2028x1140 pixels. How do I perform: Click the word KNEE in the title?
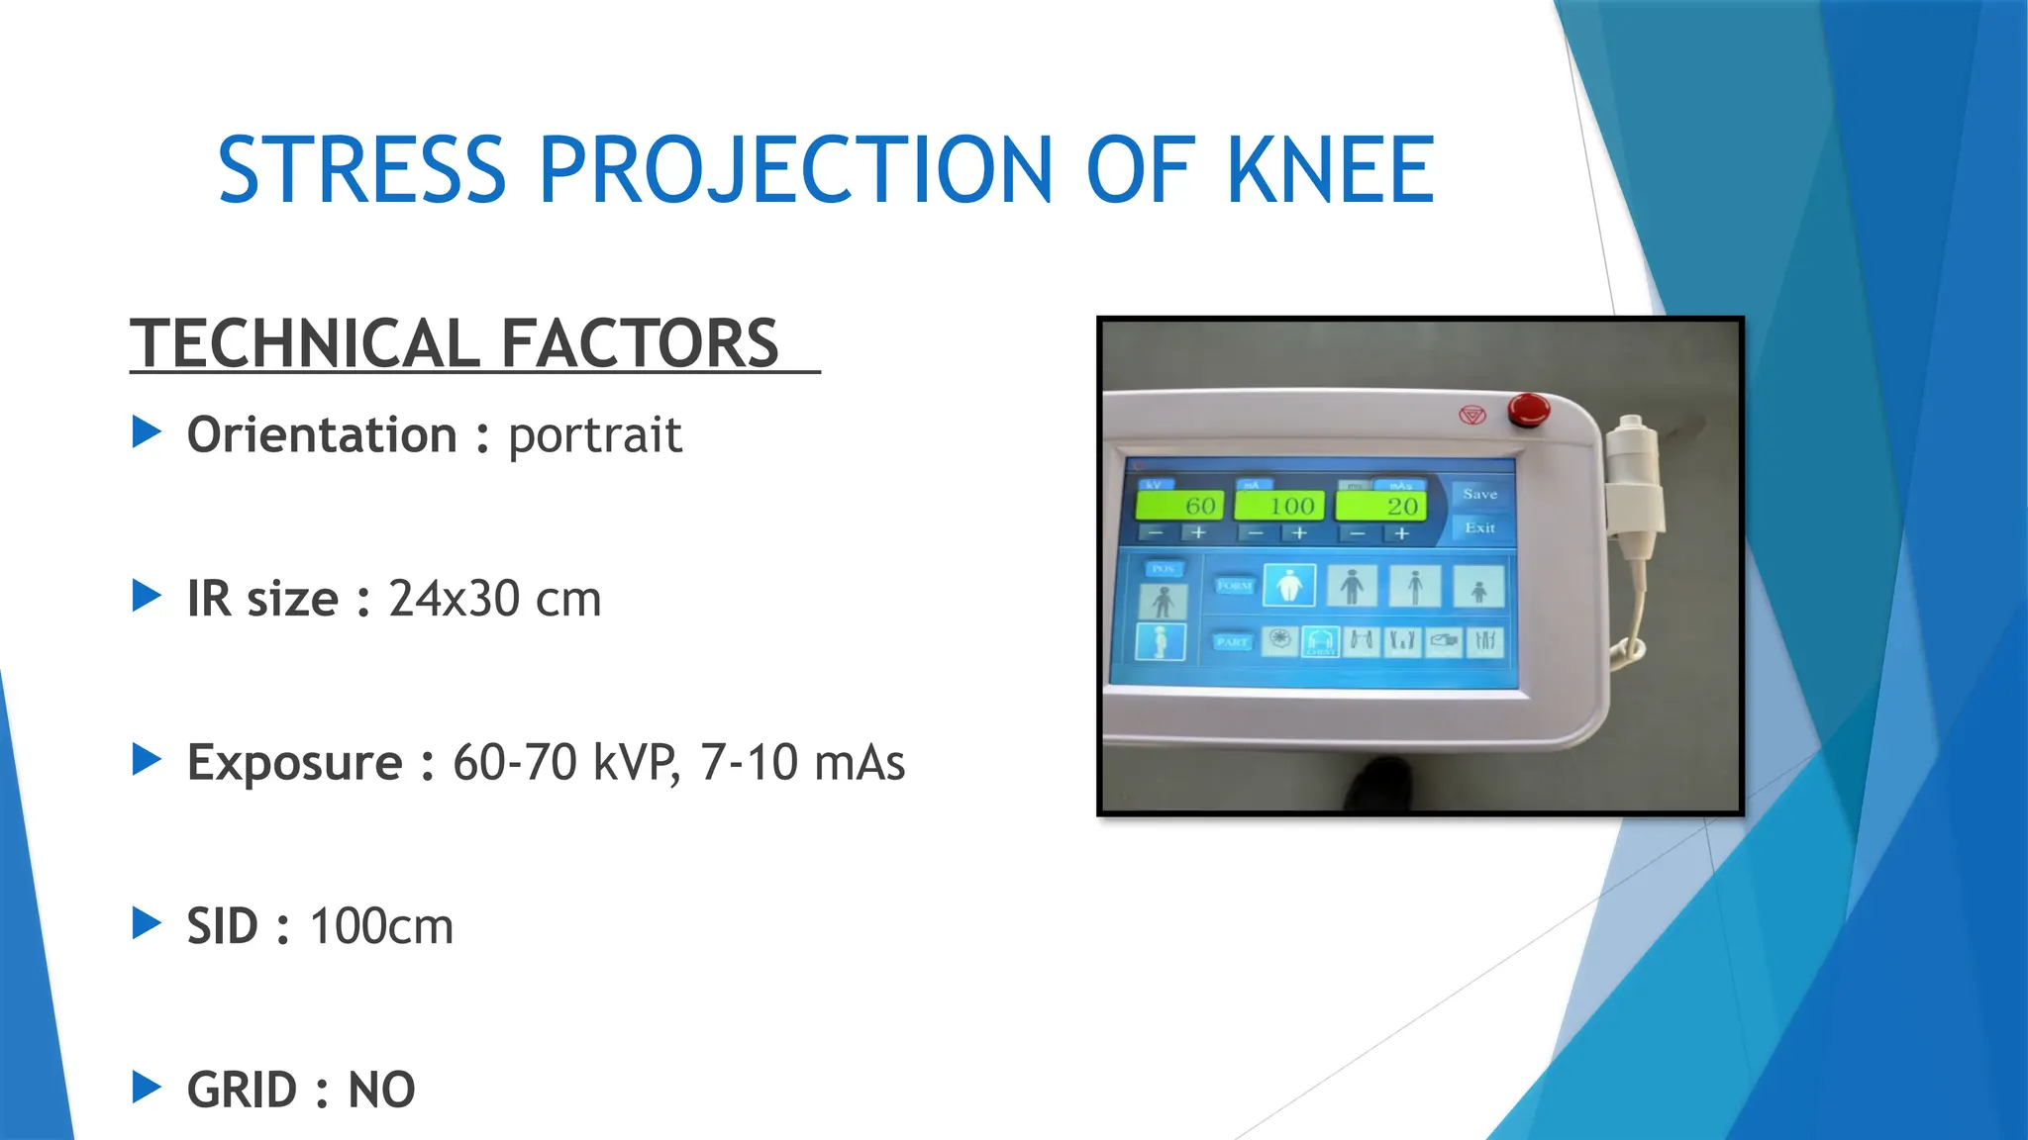coord(1330,170)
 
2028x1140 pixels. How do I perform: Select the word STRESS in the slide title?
coord(361,170)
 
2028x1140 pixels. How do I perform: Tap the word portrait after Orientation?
coord(594,435)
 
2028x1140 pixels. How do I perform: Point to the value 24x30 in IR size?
coord(454,599)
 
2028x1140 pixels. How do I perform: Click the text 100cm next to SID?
coord(381,926)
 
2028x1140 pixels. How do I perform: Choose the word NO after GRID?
coord(381,1090)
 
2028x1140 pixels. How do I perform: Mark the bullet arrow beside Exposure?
coord(147,760)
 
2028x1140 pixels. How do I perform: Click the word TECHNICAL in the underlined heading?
coord(307,343)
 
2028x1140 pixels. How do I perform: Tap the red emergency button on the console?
coord(1528,409)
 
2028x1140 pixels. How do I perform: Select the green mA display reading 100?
coord(1279,506)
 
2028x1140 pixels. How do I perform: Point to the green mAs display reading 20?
coord(1381,506)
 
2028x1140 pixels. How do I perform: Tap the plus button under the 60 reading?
coord(1199,533)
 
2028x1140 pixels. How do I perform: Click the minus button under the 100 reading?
coord(1256,533)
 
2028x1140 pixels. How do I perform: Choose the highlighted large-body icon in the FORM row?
coord(1289,585)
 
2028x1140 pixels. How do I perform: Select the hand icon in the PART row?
coord(1444,641)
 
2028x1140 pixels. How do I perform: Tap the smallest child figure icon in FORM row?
coord(1478,587)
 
